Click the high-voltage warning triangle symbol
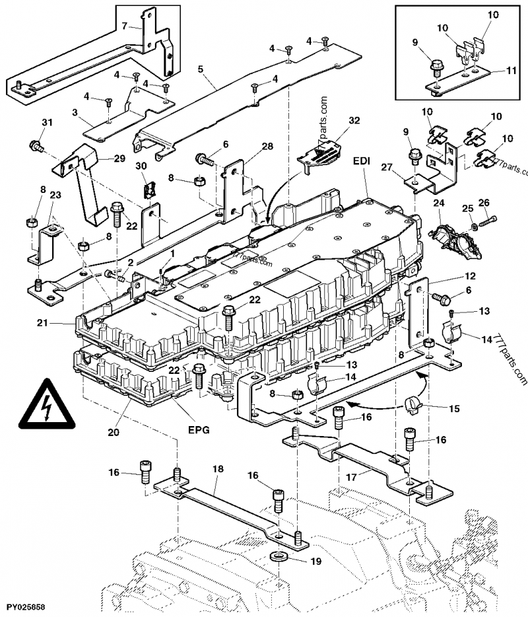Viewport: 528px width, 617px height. tap(47, 404)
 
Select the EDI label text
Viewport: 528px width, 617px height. tap(362, 161)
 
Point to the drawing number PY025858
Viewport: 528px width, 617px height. tap(28, 606)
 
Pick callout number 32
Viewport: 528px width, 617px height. tap(354, 120)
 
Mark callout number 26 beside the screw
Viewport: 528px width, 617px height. tap(483, 202)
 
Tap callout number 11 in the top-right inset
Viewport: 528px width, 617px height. tap(512, 69)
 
